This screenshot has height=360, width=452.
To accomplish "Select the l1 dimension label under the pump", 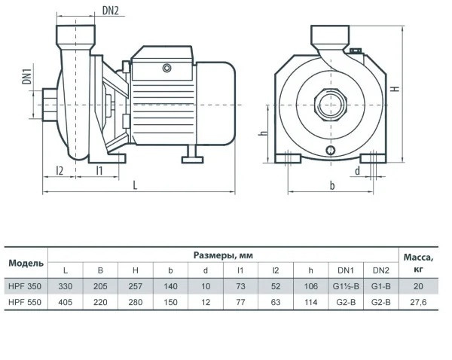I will pyautogui.click(x=99, y=171).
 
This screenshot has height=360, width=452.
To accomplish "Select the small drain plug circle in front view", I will pyautogui.click(x=331, y=151).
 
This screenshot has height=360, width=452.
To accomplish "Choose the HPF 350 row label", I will pyautogui.click(x=26, y=285).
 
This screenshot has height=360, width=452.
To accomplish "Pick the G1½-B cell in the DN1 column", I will pyautogui.click(x=345, y=285).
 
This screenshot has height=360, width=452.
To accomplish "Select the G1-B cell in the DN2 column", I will pyautogui.click(x=380, y=285).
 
